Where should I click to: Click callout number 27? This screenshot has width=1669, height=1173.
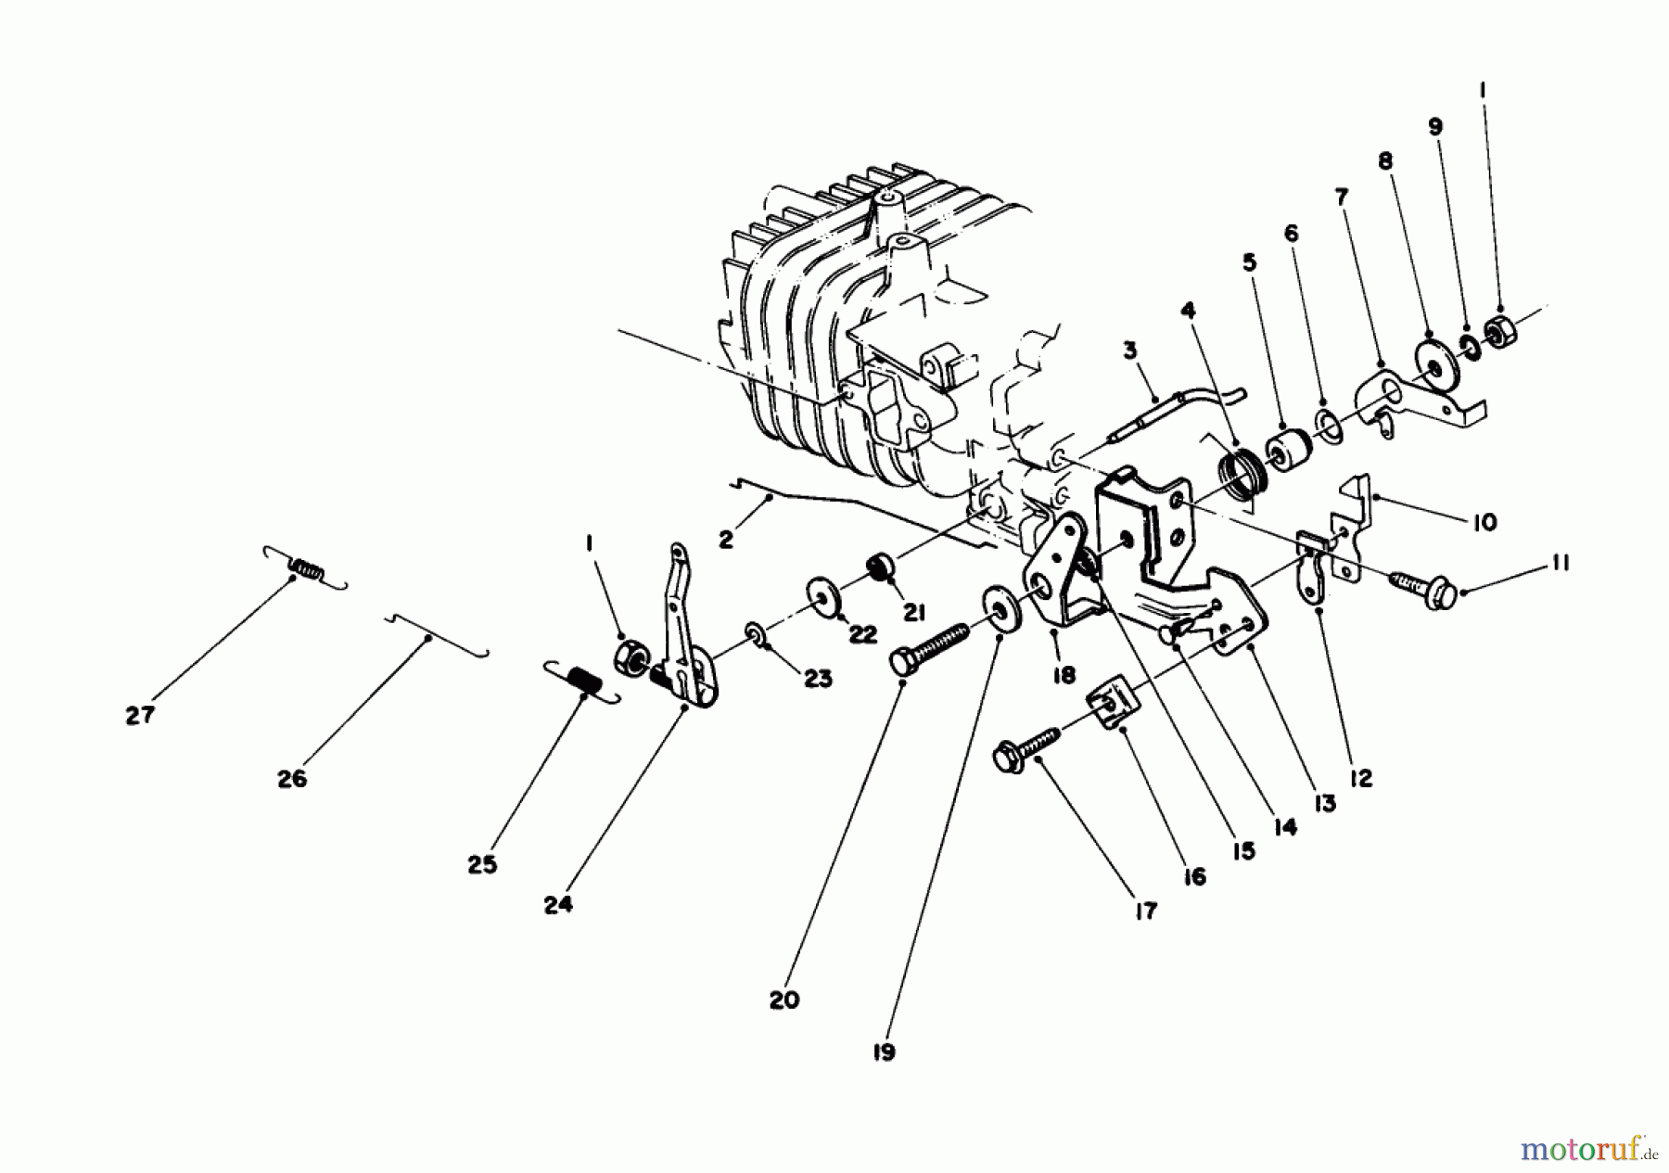pos(140,716)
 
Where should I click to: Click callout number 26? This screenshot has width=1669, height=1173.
pos(291,779)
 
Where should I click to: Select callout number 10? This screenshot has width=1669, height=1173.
pos(1484,523)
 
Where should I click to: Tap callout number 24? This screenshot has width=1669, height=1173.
pos(558,904)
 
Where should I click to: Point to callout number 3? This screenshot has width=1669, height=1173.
pos(1129,351)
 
